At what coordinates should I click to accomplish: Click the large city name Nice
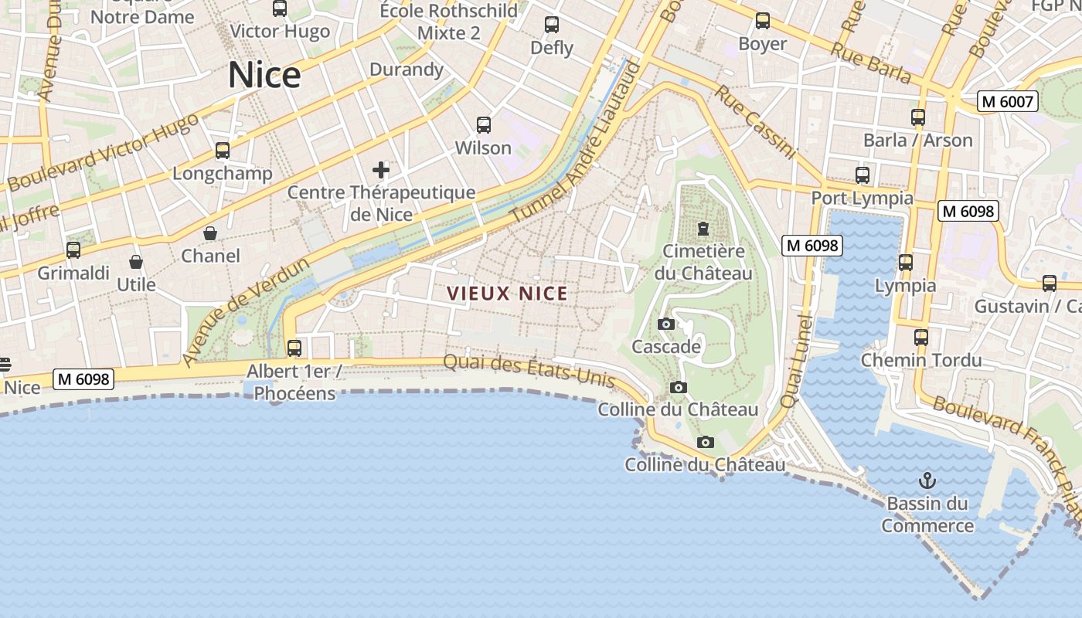tap(264, 75)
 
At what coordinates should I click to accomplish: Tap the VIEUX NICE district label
tap(508, 294)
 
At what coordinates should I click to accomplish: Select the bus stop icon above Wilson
tap(484, 124)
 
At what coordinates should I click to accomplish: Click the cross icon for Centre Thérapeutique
tap(381, 170)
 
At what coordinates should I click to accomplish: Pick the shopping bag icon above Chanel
tap(210, 233)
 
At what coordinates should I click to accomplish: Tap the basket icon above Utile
tap(136, 263)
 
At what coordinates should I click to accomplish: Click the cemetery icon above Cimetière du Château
tap(703, 229)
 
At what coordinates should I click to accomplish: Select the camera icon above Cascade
tap(665, 324)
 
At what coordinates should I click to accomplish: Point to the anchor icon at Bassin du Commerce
tap(927, 481)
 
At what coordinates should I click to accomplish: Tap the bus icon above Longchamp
tap(223, 151)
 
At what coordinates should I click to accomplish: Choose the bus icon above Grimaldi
tap(73, 250)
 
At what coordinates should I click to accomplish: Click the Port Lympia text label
tap(862, 199)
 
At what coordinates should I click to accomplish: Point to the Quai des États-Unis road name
tap(529, 370)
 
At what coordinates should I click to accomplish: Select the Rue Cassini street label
tap(754, 122)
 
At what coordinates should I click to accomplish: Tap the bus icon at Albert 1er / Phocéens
tap(294, 348)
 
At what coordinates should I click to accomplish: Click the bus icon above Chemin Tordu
tap(920, 338)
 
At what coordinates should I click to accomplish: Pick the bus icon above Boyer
tap(763, 22)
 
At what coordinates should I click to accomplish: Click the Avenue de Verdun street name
tap(246, 312)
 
